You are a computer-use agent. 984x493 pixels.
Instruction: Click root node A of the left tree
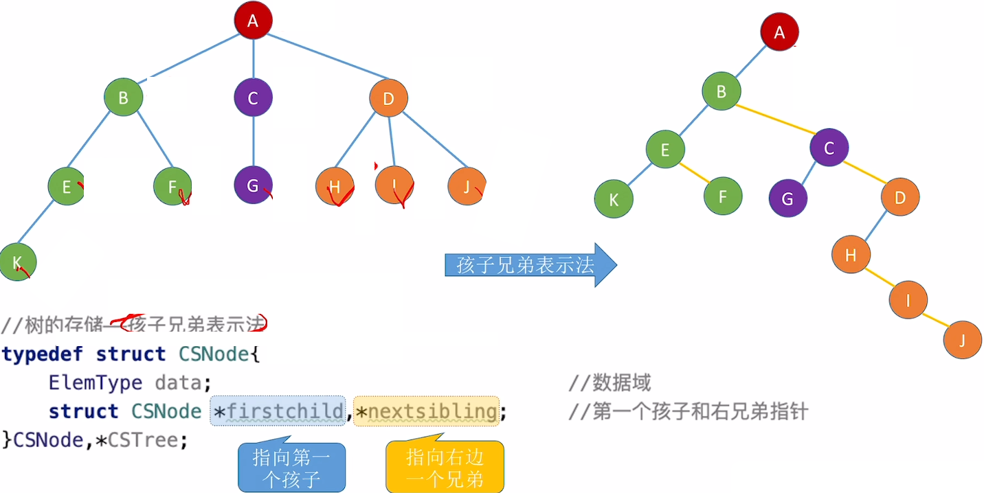tap(253, 21)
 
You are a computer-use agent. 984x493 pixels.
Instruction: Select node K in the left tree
tap(17, 262)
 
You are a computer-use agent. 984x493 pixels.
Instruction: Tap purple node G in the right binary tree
tap(787, 198)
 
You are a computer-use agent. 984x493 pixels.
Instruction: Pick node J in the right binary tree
tap(962, 339)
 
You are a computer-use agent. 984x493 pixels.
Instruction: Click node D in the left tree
tap(388, 98)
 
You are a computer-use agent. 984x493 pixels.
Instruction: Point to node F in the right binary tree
tap(722, 196)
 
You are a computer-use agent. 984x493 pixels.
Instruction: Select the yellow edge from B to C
tap(775, 121)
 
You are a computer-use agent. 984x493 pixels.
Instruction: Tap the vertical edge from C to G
tap(254, 141)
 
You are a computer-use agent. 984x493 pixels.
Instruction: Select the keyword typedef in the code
tap(42, 354)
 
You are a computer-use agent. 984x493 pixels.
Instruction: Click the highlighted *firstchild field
tap(278, 411)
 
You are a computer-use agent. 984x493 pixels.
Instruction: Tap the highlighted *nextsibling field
tap(426, 411)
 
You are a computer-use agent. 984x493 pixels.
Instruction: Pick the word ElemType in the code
tap(96, 382)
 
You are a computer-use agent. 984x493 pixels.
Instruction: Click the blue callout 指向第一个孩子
tap(291, 468)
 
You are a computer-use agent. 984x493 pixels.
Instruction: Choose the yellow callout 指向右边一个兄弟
tap(445, 468)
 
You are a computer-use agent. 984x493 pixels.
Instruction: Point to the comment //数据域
tap(610, 382)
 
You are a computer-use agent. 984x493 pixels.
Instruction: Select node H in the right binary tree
tap(851, 255)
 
